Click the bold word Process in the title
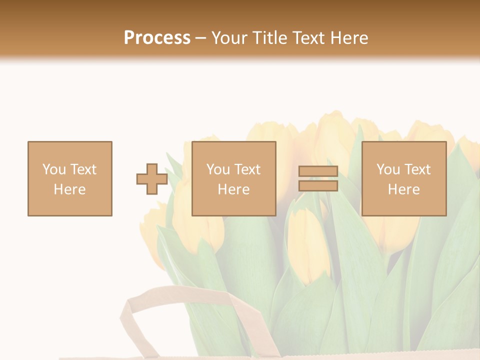coord(157,37)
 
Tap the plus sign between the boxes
coord(152,179)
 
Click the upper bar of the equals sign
coord(318,171)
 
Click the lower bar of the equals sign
coord(318,186)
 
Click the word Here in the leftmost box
coord(69,189)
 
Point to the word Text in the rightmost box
coord(416,169)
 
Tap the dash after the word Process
coord(200,38)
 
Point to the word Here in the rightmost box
coord(403,189)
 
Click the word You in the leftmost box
coord(54,169)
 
